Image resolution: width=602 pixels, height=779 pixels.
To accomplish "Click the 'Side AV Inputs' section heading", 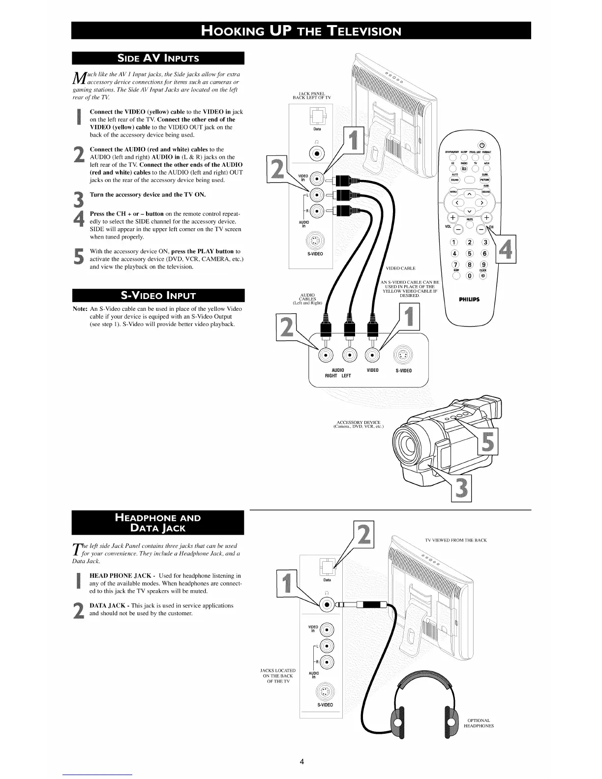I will coord(158,58).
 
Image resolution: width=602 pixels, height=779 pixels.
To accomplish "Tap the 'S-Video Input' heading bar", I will coord(158,296).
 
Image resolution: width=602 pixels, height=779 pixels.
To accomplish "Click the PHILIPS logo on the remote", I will coord(470,300).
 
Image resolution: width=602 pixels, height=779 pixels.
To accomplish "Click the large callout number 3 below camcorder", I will coord(461,488).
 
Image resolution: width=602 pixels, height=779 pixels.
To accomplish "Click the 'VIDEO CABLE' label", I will coord(401,268).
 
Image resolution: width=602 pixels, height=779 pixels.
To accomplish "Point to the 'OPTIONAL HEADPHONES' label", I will coord(479,723).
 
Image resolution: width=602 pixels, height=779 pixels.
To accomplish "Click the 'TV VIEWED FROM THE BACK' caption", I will coord(455,540).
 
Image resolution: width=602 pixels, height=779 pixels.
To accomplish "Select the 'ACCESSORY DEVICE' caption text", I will coord(359,424).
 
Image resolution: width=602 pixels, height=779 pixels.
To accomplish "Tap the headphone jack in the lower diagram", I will coord(326,605).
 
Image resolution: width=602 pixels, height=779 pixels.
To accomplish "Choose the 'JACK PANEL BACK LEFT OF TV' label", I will coord(312,95).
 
